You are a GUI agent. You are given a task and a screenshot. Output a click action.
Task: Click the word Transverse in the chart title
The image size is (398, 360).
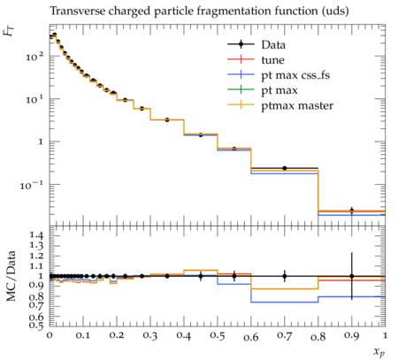pyautogui.click(x=77, y=11)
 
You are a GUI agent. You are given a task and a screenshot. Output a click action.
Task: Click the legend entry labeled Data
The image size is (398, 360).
pyautogui.click(x=273, y=45)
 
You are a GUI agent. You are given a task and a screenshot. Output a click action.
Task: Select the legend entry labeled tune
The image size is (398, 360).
pyautogui.click(x=272, y=60)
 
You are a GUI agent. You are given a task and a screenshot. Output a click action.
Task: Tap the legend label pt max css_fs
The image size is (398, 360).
pyautogui.click(x=295, y=75)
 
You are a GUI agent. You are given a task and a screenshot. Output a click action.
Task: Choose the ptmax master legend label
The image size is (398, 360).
pyautogui.click(x=297, y=106)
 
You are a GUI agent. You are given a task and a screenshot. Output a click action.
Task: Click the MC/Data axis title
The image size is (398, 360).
pyautogui.click(x=11, y=276)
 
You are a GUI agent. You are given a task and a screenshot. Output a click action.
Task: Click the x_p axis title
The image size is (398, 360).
pyautogui.click(x=379, y=351)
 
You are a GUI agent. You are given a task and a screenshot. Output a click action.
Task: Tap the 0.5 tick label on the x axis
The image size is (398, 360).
pyautogui.click(x=218, y=336)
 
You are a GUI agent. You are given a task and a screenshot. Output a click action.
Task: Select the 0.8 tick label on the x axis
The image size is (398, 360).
pyautogui.click(x=318, y=336)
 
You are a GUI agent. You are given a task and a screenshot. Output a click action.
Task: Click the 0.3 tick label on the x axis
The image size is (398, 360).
pyautogui.click(x=150, y=336)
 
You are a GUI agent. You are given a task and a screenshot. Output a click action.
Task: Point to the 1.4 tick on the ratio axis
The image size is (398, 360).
pyautogui.click(x=37, y=235)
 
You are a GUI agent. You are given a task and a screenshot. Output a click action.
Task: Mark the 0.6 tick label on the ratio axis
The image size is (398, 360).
pyautogui.click(x=37, y=317)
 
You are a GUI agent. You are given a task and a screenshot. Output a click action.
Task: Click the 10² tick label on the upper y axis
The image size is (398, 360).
pyautogui.click(x=34, y=56)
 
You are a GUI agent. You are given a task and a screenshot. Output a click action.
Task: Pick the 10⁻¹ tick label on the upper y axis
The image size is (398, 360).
pyautogui.click(x=32, y=185)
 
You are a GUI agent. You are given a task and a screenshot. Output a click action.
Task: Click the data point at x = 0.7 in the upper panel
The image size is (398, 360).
pyautogui.click(x=285, y=168)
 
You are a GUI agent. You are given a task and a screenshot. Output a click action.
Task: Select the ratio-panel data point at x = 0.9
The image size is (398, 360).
pyautogui.click(x=351, y=276)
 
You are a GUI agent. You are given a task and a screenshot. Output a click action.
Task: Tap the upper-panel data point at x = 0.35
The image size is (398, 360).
pyautogui.click(x=167, y=119)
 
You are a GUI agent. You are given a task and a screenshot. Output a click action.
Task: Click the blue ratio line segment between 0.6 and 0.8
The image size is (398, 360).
pyautogui.click(x=285, y=303)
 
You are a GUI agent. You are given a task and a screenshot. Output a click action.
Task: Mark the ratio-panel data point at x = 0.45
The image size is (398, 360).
pyautogui.click(x=201, y=276)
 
